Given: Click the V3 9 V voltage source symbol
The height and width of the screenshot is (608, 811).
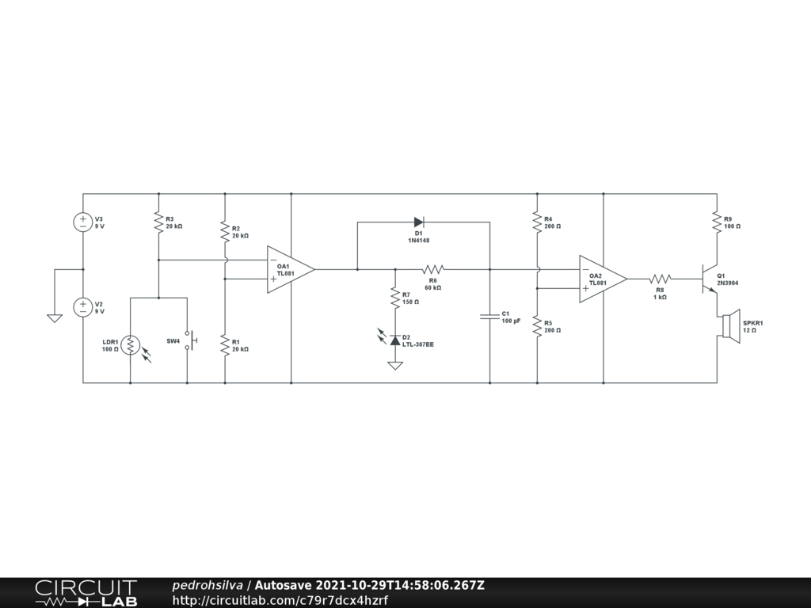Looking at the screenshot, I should [83, 222].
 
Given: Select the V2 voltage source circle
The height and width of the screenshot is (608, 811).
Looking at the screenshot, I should [83, 307].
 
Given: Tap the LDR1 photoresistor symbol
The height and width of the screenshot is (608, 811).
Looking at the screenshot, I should [131, 345].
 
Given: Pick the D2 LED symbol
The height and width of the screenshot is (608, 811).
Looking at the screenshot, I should [394, 339].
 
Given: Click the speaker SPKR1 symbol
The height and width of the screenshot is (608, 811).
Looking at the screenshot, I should [729, 326].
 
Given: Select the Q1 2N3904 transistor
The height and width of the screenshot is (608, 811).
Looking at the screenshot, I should [708, 279].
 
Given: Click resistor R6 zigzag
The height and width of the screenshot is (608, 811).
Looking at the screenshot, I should [433, 269].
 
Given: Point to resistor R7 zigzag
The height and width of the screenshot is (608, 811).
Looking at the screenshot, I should [394, 298].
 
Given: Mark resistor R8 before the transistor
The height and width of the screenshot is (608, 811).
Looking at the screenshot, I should [661, 279].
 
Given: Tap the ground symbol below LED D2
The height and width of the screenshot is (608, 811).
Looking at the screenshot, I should [394, 365].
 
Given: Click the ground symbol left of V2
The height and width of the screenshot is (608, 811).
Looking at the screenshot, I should [55, 318].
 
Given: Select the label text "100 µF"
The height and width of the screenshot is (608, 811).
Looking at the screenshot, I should [512, 321].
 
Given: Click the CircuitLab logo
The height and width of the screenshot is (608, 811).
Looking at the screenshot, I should [86, 593].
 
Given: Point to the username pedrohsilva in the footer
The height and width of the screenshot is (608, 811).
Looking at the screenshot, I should [208, 586].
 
